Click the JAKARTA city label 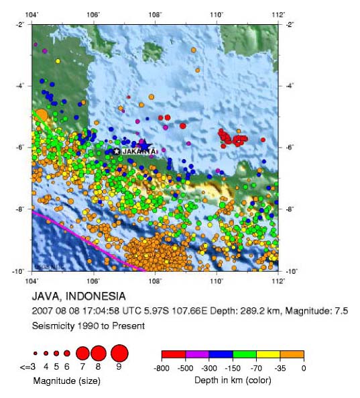point(139,152)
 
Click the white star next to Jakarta point(117,152)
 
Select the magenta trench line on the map point(87,241)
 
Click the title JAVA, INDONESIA point(78,296)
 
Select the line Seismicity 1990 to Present point(88,326)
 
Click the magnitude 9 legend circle point(119,352)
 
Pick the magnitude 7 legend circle point(82,352)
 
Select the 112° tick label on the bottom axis point(278,280)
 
